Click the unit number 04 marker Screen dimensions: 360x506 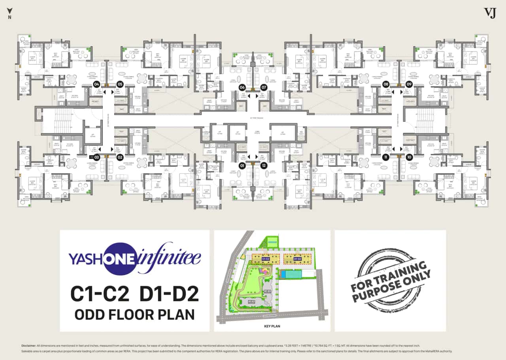(x=96, y=84)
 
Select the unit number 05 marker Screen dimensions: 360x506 (x=120, y=84)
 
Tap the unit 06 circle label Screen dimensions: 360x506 (x=242, y=87)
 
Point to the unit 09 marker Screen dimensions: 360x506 (x=409, y=84)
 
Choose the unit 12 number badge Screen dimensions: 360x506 (x=264, y=166)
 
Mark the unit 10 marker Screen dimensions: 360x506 (x=409, y=157)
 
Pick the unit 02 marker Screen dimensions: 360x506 (x=120, y=157)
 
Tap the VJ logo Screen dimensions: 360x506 (x=490, y=13)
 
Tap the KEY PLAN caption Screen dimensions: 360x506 (x=272, y=327)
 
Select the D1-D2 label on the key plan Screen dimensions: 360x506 (x=298, y=259)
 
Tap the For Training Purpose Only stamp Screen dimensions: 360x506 (x=391, y=281)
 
